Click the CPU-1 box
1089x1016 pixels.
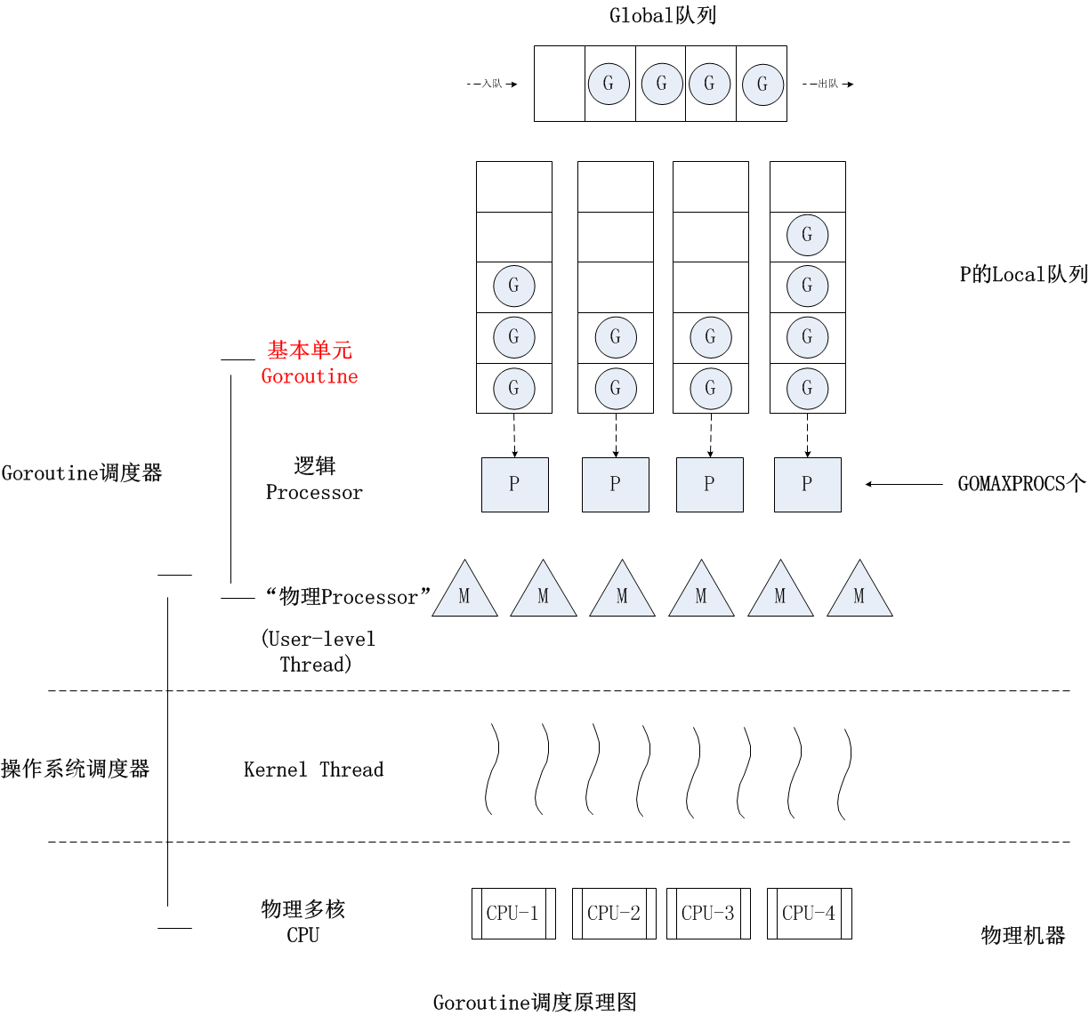coord(513,913)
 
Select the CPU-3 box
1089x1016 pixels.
coord(708,913)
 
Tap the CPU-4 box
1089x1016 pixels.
coord(809,913)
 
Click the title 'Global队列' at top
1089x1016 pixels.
coord(663,15)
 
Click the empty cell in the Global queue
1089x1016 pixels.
coord(560,84)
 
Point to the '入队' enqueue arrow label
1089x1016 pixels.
coord(492,84)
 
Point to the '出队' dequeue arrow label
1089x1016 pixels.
coord(828,84)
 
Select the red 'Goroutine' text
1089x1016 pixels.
coord(310,376)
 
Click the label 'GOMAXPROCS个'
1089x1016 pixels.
coord(1021,484)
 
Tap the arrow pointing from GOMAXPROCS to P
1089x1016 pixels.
coord(903,484)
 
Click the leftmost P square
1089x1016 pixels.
coord(514,485)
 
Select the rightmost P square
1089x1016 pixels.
coord(807,485)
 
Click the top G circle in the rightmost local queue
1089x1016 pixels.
coord(807,236)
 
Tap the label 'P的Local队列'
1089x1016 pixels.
coord(1023,274)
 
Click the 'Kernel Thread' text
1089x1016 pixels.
coord(313,770)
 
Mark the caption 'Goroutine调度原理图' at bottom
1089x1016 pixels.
coord(535,1003)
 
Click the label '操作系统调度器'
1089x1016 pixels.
coord(76,769)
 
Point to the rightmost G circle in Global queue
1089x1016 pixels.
coord(762,85)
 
